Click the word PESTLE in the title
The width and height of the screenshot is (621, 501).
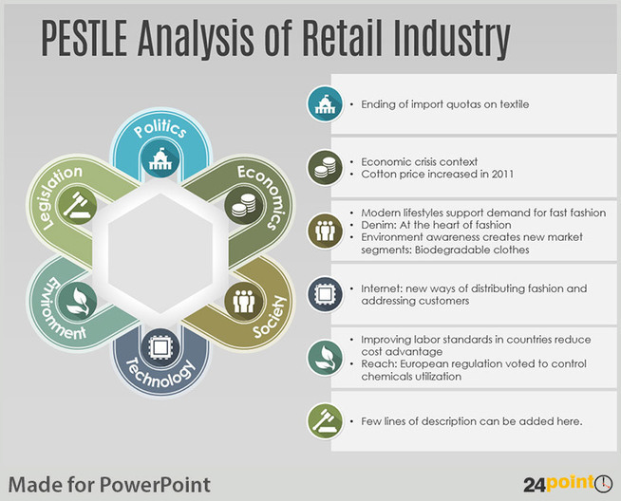[x=84, y=38]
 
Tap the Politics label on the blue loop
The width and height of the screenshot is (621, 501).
[x=160, y=129]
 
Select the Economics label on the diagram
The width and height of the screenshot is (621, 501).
[x=262, y=196]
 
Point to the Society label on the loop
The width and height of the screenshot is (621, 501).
[x=270, y=317]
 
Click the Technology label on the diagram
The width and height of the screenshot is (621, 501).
[x=160, y=373]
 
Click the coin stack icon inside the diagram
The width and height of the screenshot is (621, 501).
[x=244, y=205]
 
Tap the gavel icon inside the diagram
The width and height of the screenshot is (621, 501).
[x=77, y=205]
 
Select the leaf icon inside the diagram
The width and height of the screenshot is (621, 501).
[x=77, y=302]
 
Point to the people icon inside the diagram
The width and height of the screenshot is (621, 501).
[x=244, y=302]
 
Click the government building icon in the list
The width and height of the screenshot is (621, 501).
[x=325, y=104]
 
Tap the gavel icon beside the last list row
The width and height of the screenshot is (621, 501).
[x=325, y=421]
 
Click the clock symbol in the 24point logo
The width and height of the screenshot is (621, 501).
[x=604, y=484]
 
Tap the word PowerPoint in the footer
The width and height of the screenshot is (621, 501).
[x=155, y=485]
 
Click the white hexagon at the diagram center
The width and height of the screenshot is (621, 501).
[x=160, y=253]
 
